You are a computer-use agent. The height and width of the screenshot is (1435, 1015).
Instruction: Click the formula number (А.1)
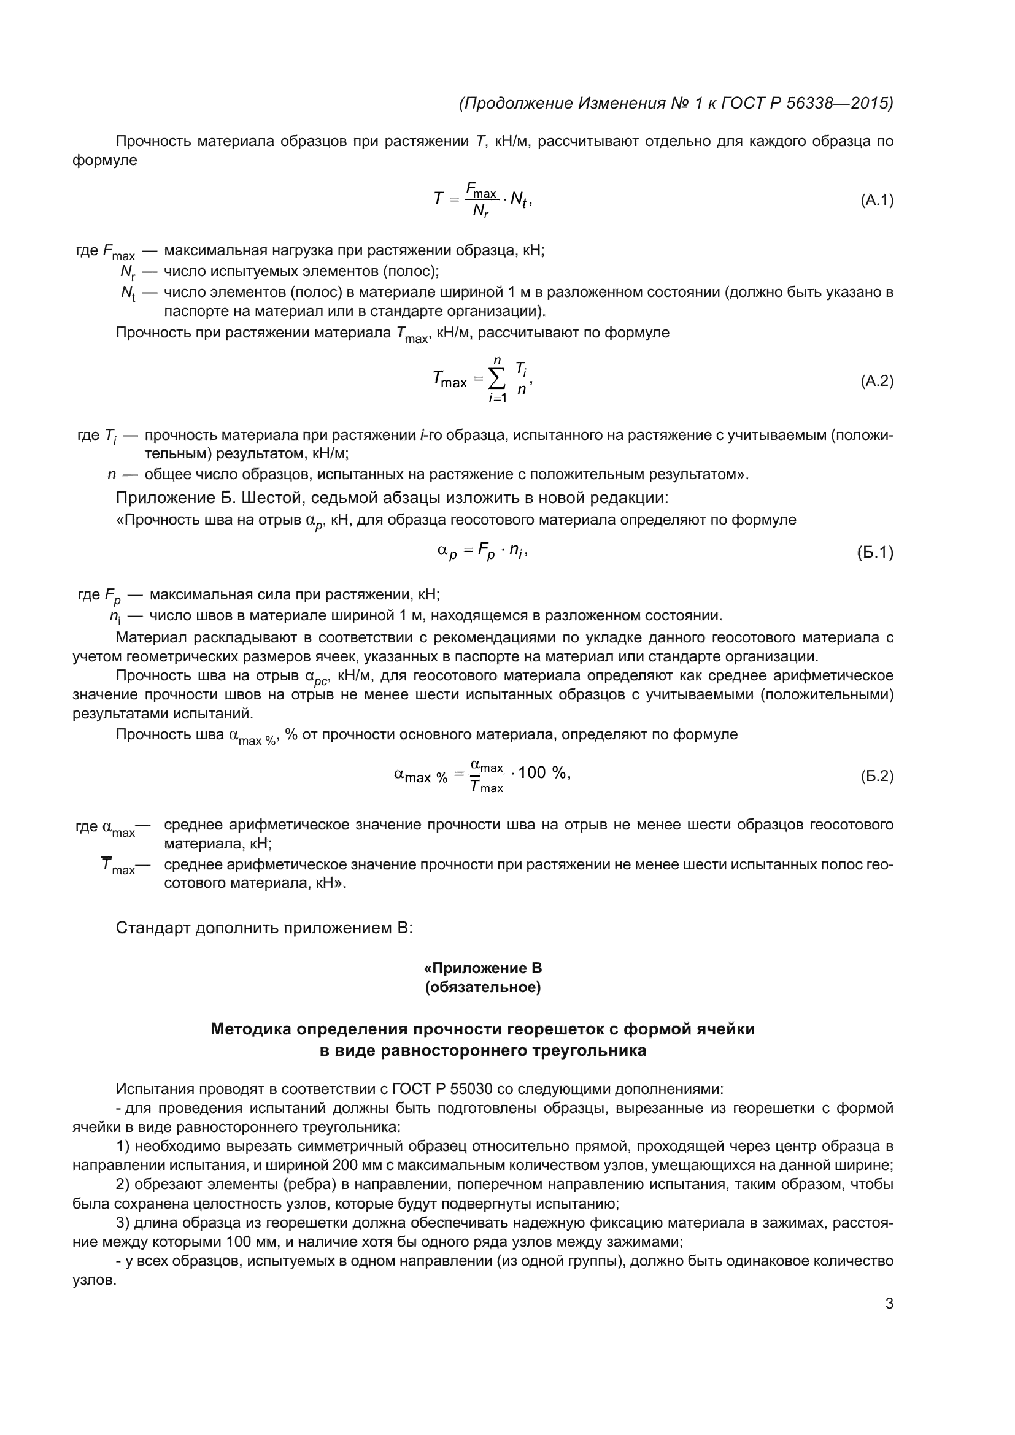click(877, 200)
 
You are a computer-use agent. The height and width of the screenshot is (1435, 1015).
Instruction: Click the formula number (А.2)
click(877, 381)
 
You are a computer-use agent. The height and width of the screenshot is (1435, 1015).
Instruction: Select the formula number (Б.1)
click(875, 553)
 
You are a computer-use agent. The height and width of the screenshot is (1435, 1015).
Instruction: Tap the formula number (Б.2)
click(877, 776)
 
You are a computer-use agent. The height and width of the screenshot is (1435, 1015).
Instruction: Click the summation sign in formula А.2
click(498, 378)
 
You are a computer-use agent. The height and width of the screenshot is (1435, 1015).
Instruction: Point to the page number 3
click(889, 1304)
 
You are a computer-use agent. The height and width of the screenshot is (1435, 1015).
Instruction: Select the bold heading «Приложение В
click(482, 968)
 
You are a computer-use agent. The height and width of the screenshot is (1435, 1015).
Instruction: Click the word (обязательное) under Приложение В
click(482, 988)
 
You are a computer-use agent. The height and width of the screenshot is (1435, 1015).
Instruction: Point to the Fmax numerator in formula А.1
click(480, 190)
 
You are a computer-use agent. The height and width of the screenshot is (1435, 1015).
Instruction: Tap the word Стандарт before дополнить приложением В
click(153, 928)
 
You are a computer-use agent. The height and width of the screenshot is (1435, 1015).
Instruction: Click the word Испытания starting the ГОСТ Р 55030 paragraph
click(155, 1090)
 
